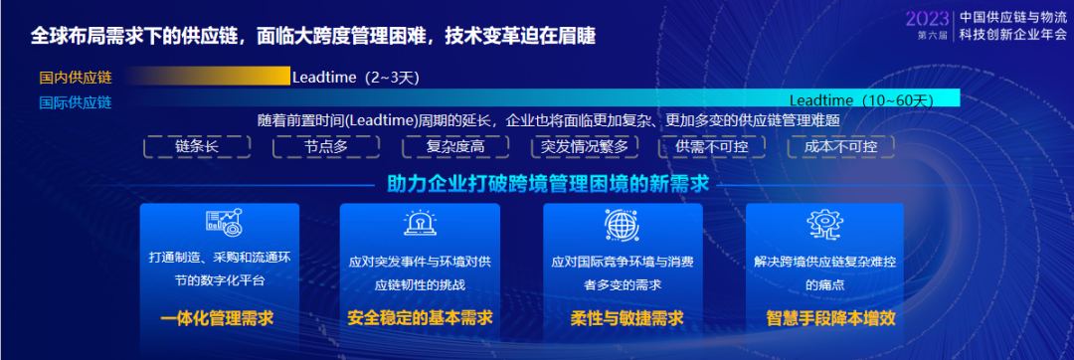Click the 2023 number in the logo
click(927, 18)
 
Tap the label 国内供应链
click(76, 78)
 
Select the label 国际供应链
click(76, 102)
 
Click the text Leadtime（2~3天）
click(355, 78)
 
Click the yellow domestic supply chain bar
click(208, 76)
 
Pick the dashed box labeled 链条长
click(197, 146)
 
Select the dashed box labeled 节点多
click(326, 146)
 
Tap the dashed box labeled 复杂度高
click(455, 146)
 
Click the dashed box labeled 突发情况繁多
click(585, 146)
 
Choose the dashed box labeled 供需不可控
click(712, 146)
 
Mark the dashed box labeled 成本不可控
click(840, 146)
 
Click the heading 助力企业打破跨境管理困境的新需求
click(548, 184)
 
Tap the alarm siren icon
click(420, 223)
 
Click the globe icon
click(622, 223)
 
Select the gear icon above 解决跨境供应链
click(824, 224)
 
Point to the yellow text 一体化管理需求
click(217, 318)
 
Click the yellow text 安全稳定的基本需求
click(420, 318)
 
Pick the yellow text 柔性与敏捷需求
click(626, 318)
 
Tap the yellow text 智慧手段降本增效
click(830, 318)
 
